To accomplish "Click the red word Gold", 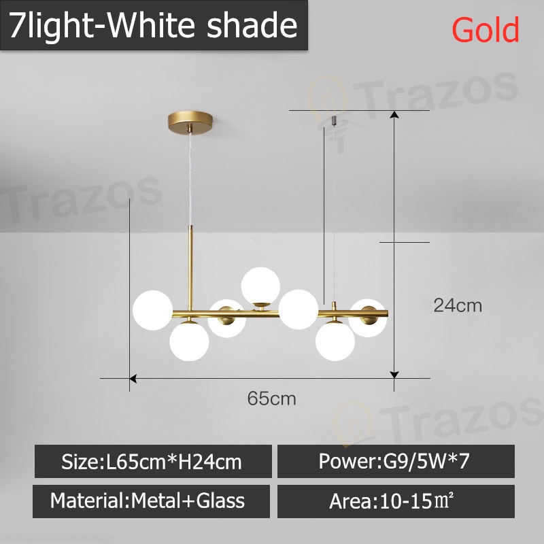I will (x=486, y=29).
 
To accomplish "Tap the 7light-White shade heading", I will (x=153, y=26).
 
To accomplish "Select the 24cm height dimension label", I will (x=458, y=305).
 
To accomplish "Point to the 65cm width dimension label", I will (x=271, y=398).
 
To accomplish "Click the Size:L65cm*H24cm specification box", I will (x=152, y=462).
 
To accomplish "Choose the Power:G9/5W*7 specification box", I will (x=395, y=462).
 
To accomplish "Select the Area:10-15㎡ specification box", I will (x=395, y=501).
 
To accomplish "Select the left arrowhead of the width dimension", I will (x=134, y=377).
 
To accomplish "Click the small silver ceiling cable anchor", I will (x=333, y=120).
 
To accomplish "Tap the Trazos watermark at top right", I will (x=422, y=95).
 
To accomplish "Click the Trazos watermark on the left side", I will (x=82, y=197).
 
